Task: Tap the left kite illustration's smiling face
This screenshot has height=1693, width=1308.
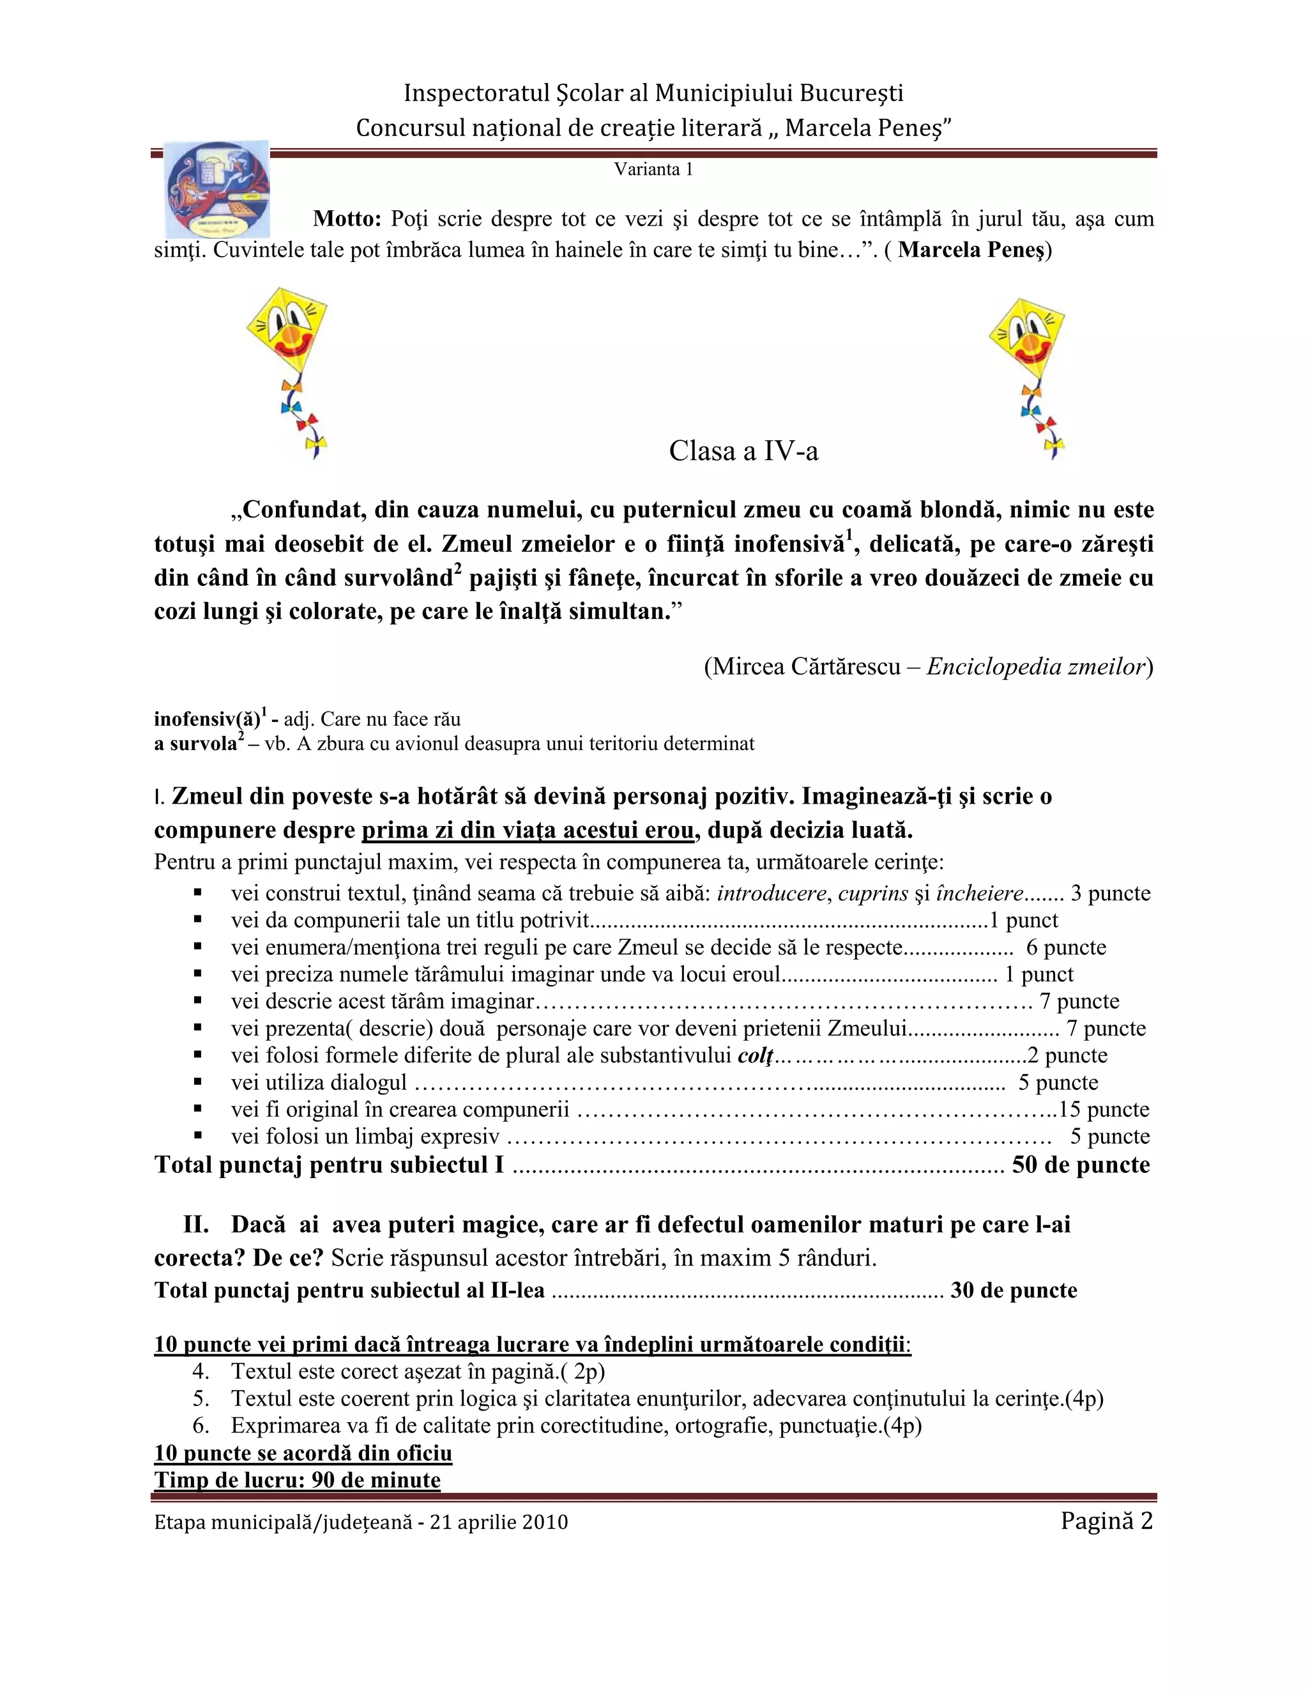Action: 287,330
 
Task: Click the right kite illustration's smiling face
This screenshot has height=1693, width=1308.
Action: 1027,338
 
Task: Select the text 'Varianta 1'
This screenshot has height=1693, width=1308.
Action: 653,170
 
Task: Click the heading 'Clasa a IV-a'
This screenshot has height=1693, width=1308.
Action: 743,451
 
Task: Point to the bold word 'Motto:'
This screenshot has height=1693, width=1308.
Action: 346,219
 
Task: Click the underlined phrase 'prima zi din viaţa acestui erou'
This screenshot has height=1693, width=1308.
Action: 528,831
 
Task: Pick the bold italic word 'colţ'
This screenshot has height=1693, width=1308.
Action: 756,1056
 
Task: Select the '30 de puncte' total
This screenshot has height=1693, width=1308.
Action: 1014,1291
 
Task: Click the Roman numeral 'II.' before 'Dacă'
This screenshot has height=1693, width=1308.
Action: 196,1225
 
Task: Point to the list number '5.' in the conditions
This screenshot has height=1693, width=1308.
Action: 201,1399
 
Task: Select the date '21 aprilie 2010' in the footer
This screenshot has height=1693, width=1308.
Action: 499,1523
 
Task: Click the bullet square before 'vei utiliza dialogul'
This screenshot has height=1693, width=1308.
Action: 199,1082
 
